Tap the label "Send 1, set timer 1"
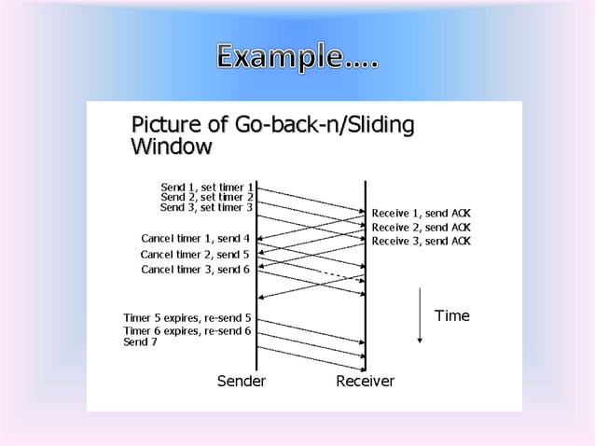click(x=207, y=187)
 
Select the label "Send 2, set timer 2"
click(x=207, y=197)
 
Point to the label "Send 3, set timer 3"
click(x=207, y=207)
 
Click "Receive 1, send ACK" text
click(x=422, y=213)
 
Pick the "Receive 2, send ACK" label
click(x=422, y=227)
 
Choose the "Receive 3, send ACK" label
click(x=422, y=241)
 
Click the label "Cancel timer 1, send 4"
click(x=195, y=238)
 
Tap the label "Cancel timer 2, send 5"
click(x=195, y=254)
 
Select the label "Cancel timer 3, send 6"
click(x=195, y=270)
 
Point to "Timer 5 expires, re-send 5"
click(x=187, y=318)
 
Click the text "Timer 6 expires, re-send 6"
click(x=187, y=330)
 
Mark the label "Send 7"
click(x=141, y=342)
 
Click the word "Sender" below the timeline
click(x=242, y=382)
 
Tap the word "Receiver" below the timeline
click(x=365, y=382)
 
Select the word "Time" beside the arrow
click(x=452, y=315)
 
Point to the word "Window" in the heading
click(x=171, y=146)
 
